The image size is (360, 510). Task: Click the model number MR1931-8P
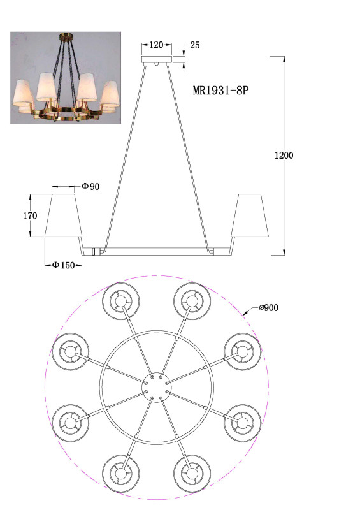[x=220, y=90]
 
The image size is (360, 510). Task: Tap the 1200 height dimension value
[x=284, y=156]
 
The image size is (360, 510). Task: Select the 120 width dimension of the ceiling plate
[x=156, y=45]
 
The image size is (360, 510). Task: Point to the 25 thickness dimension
[x=194, y=45]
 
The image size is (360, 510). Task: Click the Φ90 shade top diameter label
[x=90, y=186]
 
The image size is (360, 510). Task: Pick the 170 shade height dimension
[x=30, y=215]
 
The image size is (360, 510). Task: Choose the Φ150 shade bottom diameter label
[x=64, y=265]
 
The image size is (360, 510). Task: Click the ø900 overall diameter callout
[x=269, y=308]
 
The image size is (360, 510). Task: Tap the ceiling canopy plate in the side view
[x=157, y=59]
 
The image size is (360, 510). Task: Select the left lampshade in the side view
[x=63, y=215]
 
